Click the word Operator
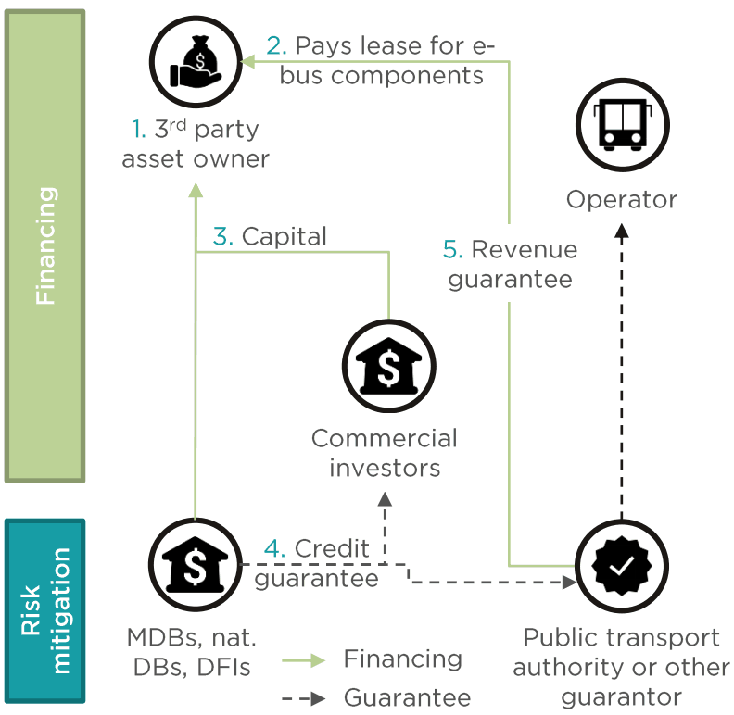622,199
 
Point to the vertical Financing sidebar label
44,245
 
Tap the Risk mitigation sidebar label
44,611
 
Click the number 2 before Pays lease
275,44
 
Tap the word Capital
284,236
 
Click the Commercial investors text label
385,452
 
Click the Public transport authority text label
622,667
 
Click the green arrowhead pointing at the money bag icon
245,61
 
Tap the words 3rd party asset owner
196,144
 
